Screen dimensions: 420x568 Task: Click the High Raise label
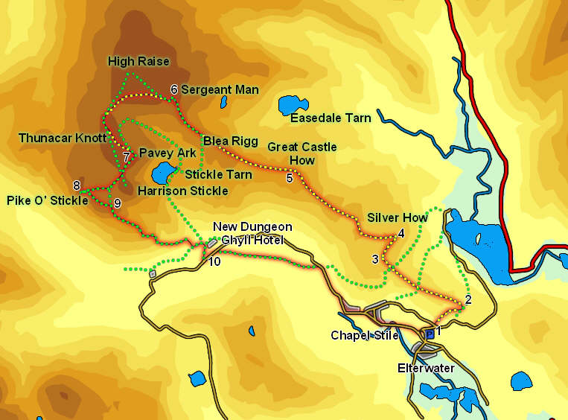138,61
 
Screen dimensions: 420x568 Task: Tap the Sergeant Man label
220,90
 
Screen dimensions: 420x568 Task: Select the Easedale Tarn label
331,118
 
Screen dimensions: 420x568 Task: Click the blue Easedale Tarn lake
293,105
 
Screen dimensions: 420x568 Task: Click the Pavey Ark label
167,153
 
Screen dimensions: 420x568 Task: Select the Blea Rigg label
220,140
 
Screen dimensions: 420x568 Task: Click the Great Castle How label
302,153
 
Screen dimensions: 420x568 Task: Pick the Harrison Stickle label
182,191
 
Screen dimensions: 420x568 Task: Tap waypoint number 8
76,185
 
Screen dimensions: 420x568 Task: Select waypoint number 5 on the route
290,177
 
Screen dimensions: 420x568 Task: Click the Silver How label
398,217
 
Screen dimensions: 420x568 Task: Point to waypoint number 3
375,259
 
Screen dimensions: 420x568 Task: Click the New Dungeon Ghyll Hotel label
252,232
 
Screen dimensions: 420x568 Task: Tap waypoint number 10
214,261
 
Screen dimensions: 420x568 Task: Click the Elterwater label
421,368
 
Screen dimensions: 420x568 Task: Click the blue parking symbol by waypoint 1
429,334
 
